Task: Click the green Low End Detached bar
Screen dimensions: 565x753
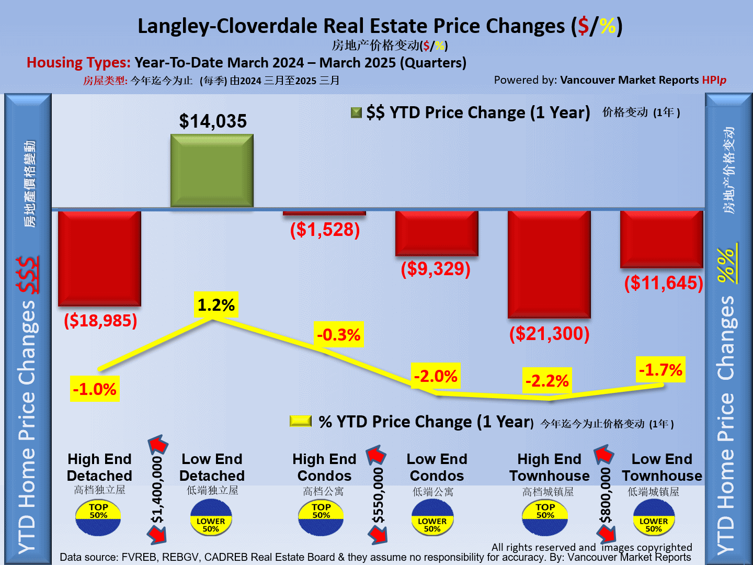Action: (x=212, y=171)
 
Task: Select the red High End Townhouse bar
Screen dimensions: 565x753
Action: (x=549, y=264)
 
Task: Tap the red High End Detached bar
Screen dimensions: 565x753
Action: (x=99, y=257)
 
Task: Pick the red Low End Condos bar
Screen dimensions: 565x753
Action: (x=437, y=233)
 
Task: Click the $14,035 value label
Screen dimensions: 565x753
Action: (x=213, y=121)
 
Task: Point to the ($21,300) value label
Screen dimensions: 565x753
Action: (x=550, y=334)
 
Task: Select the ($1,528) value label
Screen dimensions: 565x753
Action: (x=325, y=230)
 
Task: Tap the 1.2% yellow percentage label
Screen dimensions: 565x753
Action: (x=216, y=304)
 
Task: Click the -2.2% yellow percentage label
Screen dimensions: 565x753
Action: (x=547, y=381)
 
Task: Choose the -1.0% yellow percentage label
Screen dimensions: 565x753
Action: (x=95, y=389)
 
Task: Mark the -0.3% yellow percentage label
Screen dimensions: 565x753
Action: (x=339, y=335)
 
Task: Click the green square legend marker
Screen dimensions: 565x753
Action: (x=356, y=112)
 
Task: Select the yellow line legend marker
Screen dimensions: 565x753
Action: (x=301, y=421)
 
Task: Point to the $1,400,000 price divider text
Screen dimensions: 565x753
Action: (x=157, y=490)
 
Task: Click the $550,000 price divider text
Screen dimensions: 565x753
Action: (x=379, y=495)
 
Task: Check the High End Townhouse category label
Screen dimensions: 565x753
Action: (x=549, y=468)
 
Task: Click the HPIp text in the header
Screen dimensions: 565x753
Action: (x=714, y=80)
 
